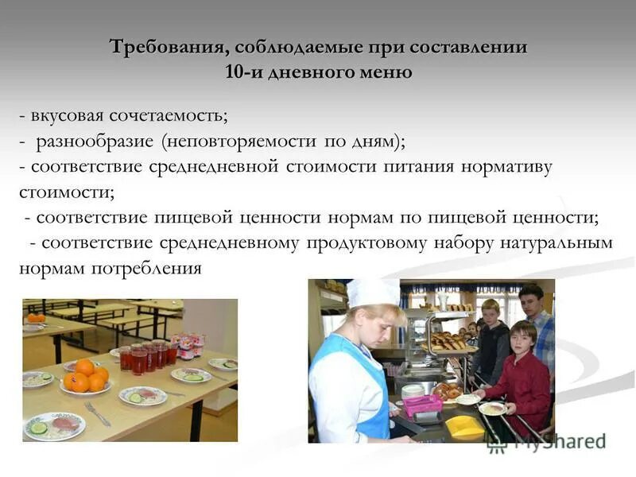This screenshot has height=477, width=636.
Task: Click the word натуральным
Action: tap(556, 243)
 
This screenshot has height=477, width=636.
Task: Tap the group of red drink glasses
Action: tap(148, 357)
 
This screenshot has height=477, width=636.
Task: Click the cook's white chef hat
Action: tap(372, 293)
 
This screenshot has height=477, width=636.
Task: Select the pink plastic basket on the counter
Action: tap(424, 405)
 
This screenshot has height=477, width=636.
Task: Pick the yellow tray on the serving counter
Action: tap(463, 426)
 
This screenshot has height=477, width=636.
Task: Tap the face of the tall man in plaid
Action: tap(530, 301)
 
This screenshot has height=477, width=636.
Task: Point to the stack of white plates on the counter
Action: tap(413, 392)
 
